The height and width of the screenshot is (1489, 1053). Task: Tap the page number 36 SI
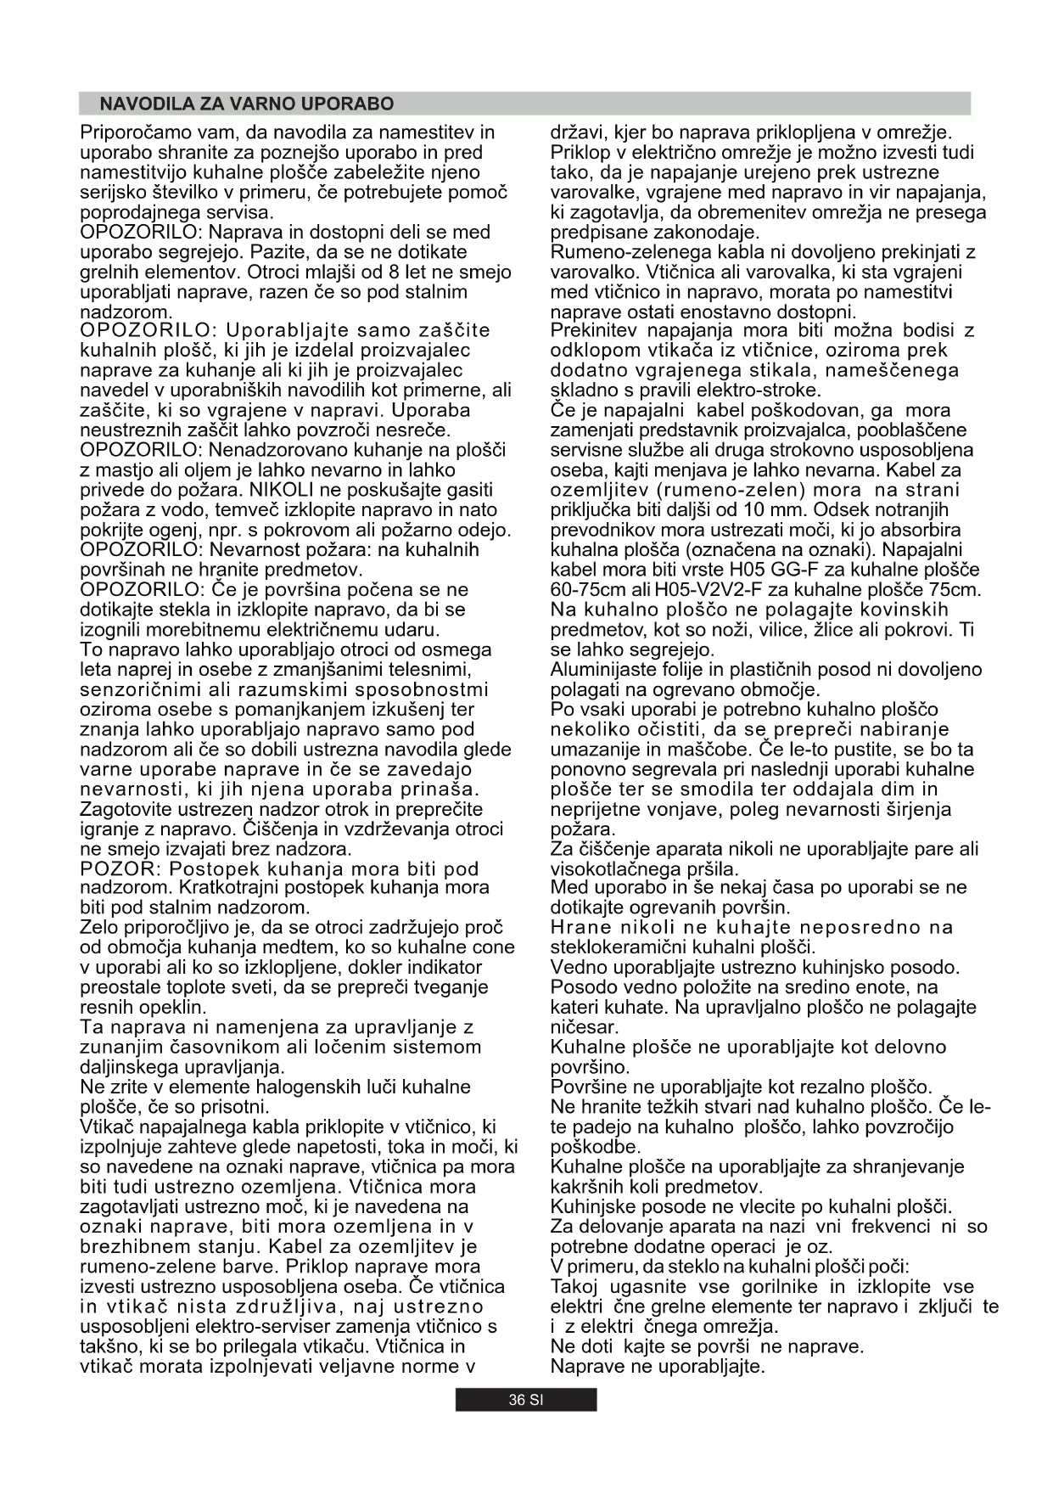click(525, 1400)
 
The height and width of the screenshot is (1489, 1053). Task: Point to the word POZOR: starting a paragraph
click(120, 868)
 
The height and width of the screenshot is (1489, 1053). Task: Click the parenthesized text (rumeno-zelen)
click(730, 490)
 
